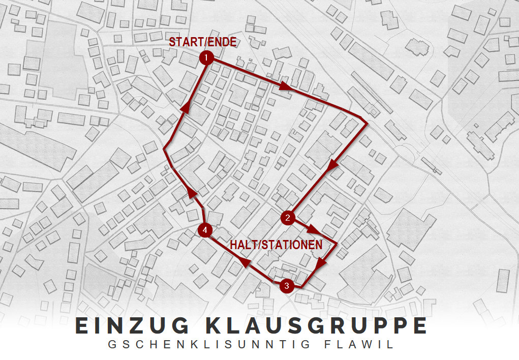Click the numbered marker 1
coord(206,58)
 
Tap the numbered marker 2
coord(287,218)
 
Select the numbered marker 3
coord(287,286)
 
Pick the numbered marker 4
coord(204,230)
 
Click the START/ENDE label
coord(203,42)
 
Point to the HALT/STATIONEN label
coord(276,245)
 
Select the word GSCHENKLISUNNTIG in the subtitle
coord(209,344)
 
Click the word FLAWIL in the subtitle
coord(359,344)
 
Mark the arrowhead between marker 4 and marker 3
coord(246,263)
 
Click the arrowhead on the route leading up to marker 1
coord(187,106)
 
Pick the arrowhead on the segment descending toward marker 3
coord(320,263)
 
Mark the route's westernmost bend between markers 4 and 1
coord(164,149)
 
